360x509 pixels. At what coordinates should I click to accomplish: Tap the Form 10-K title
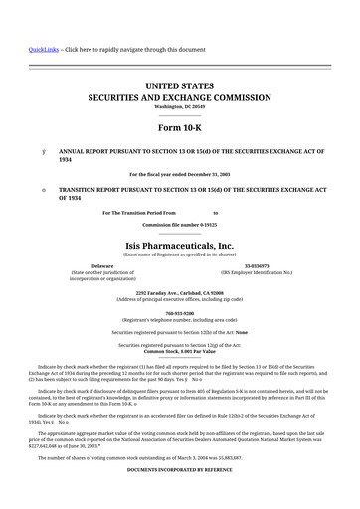point(179,129)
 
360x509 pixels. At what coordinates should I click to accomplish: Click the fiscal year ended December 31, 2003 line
point(179,174)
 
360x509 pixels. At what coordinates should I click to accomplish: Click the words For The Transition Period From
point(139,212)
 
